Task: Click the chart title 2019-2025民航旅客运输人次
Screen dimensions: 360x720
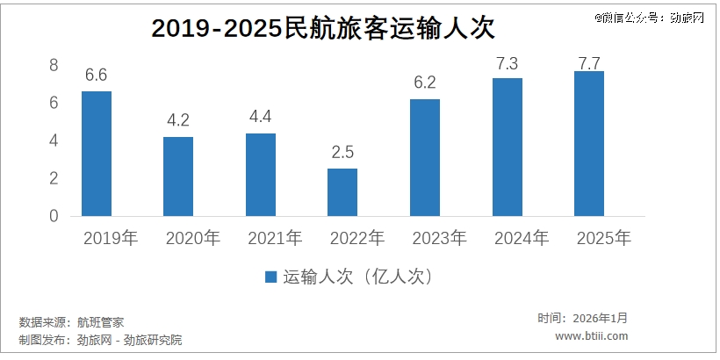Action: pos(323,29)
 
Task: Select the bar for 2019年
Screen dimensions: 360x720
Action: pos(97,154)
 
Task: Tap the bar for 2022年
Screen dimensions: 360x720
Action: pos(342,192)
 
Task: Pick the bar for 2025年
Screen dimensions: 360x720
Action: pos(588,143)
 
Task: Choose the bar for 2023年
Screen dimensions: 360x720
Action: pos(425,157)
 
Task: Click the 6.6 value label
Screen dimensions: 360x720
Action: pos(96,76)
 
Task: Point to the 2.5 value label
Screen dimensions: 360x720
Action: pos(342,153)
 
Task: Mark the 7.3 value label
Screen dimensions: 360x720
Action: pos(507,63)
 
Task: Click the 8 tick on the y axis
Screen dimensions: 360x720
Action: pos(54,65)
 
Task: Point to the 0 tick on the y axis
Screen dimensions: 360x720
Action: pos(54,216)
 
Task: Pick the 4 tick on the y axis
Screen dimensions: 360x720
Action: pos(54,140)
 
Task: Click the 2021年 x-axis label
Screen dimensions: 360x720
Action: pos(275,238)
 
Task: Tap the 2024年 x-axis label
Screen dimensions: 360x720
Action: pos(521,238)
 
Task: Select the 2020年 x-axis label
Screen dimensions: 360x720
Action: pos(192,238)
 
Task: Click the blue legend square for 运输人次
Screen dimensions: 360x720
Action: pos(271,277)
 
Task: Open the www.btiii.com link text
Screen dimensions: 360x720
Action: pos(592,335)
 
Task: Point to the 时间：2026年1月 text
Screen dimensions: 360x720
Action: pos(583,318)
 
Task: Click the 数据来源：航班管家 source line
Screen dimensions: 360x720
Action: pos(77,322)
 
